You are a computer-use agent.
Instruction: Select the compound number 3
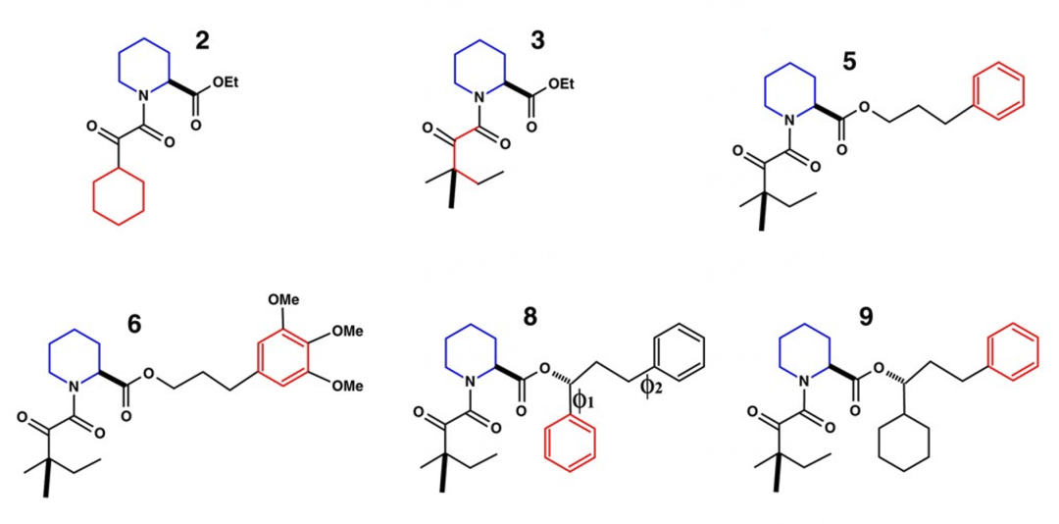(536, 40)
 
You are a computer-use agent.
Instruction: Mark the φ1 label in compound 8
(580, 400)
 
